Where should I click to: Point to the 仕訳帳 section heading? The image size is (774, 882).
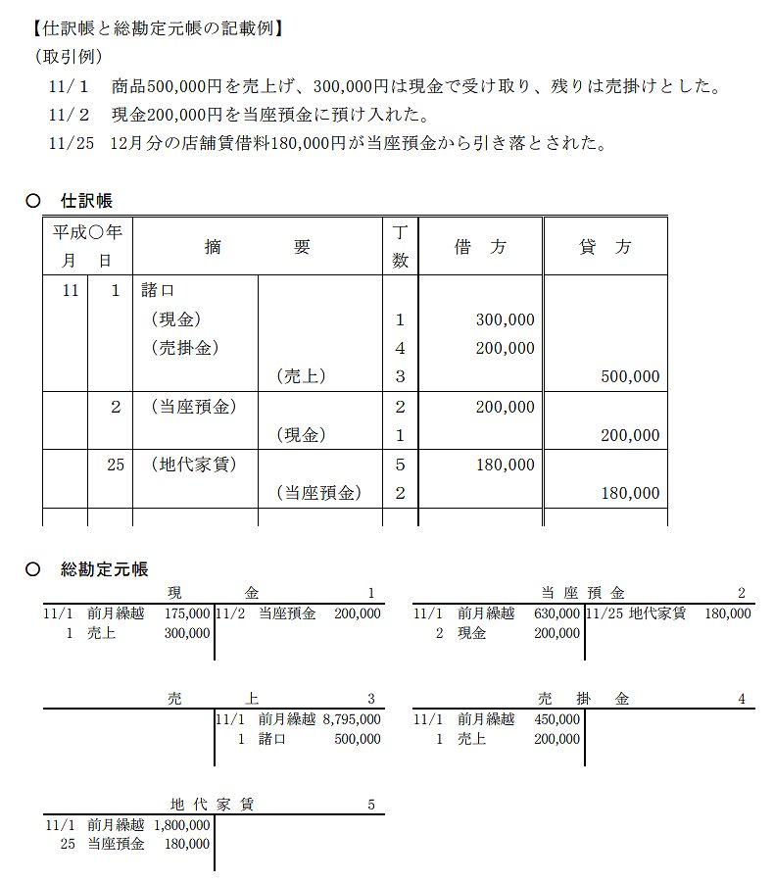(x=87, y=201)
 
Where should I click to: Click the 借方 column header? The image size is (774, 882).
(x=480, y=248)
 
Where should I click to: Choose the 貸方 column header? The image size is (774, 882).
(x=605, y=248)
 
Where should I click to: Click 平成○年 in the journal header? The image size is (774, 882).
(x=87, y=233)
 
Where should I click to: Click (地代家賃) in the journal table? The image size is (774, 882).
(x=193, y=465)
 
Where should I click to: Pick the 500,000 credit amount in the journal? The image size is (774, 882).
(x=630, y=377)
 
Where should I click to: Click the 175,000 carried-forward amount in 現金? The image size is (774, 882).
(x=187, y=613)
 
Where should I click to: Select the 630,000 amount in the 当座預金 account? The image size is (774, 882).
(x=557, y=613)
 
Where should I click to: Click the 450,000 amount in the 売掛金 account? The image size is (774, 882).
(x=557, y=719)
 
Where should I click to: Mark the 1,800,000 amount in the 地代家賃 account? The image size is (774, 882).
(x=182, y=825)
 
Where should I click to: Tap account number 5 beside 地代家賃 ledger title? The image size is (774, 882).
(x=370, y=805)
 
